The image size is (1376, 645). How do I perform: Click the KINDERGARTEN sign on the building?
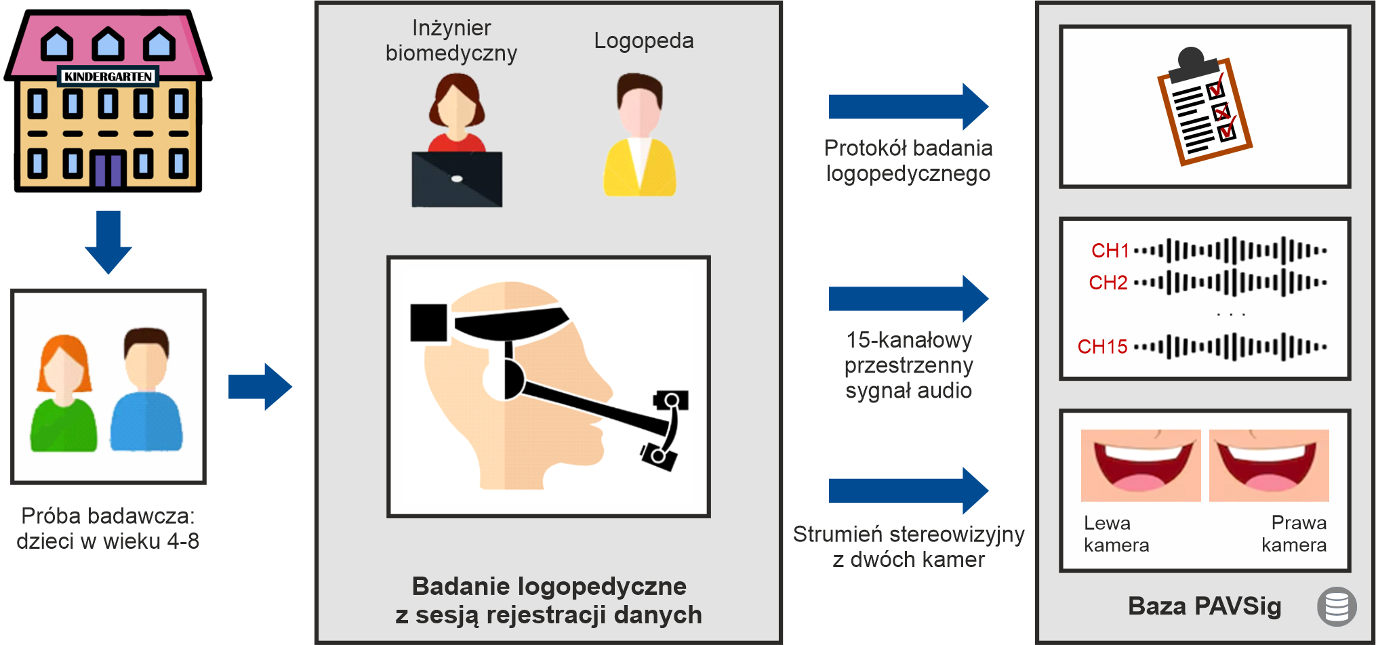click(x=108, y=77)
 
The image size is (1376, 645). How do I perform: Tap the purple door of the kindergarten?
click(x=108, y=170)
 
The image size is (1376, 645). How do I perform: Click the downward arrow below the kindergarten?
click(x=108, y=242)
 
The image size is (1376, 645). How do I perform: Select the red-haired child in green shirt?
click(x=64, y=392)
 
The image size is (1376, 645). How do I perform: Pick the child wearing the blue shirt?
click(x=146, y=389)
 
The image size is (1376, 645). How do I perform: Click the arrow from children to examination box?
click(x=260, y=387)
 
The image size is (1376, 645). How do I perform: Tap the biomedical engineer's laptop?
click(x=457, y=179)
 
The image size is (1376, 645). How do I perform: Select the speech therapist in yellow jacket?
click(x=639, y=135)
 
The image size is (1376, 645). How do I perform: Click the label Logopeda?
click(x=644, y=41)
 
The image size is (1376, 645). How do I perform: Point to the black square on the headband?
click(x=429, y=322)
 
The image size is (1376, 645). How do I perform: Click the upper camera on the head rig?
click(x=671, y=400)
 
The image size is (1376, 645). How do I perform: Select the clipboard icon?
click(x=1204, y=106)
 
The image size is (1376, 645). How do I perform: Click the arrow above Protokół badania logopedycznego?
click(x=908, y=106)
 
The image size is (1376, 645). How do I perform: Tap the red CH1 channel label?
click(x=1110, y=251)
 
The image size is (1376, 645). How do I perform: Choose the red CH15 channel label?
click(x=1103, y=347)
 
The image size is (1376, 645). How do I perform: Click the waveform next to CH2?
click(x=1230, y=283)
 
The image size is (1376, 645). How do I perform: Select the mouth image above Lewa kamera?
click(x=1141, y=465)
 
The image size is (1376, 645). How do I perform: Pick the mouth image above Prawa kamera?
click(x=1269, y=465)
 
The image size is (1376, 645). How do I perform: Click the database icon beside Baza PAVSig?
click(x=1337, y=606)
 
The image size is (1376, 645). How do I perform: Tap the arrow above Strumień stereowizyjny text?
click(x=908, y=491)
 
